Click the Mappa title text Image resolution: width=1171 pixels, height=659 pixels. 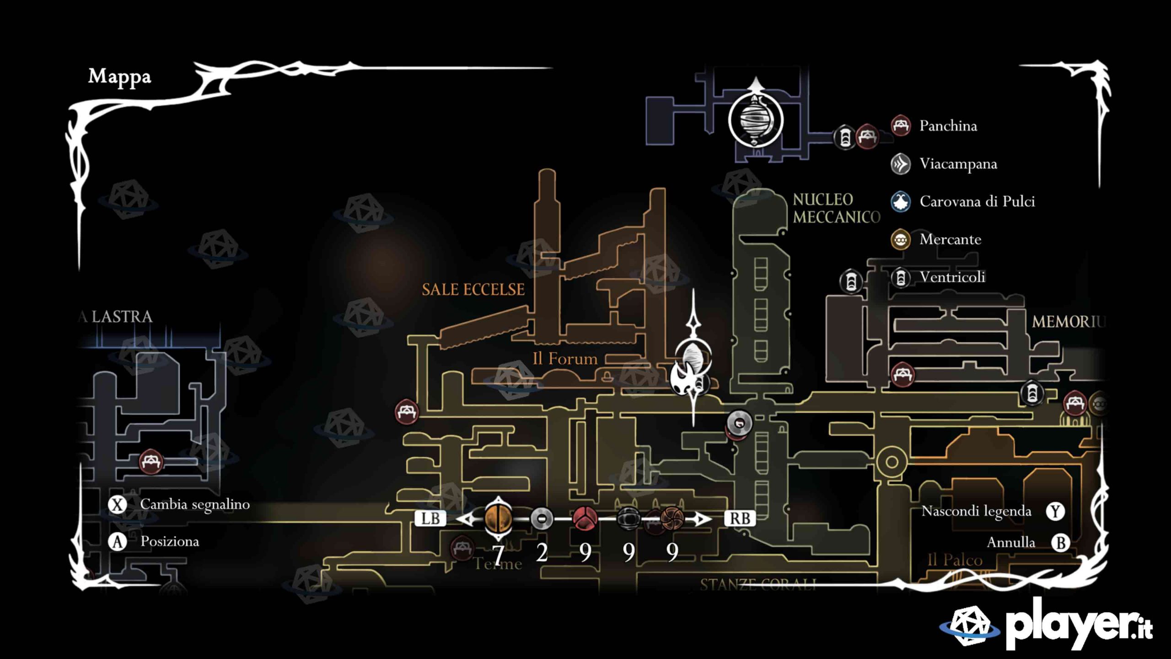pyautogui.click(x=119, y=77)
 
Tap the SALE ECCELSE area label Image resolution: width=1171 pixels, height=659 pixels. pyautogui.click(x=473, y=290)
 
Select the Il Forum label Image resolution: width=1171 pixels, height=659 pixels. pyautogui.click(x=565, y=359)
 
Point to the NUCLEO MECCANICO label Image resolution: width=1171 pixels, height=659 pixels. pyautogui.click(x=836, y=208)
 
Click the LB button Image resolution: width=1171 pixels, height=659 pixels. pyautogui.click(x=430, y=519)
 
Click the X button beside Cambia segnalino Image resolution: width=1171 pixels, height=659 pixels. pyautogui.click(x=118, y=505)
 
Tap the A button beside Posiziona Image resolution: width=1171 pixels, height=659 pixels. pyautogui.click(x=118, y=542)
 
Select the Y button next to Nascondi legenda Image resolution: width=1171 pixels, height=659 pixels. pyautogui.click(x=1055, y=511)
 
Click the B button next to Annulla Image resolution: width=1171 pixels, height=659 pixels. pyautogui.click(x=1060, y=543)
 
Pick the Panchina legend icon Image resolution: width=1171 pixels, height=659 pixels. pyautogui.click(x=901, y=126)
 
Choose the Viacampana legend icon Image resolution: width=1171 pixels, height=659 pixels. pyautogui.click(x=901, y=164)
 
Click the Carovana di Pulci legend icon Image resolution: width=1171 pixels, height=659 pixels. pyautogui.click(x=901, y=202)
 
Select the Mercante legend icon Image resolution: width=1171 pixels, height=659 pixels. pyautogui.click(x=901, y=239)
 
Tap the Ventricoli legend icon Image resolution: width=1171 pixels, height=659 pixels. pyautogui.click(x=901, y=277)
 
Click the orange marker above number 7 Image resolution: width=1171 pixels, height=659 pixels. pyautogui.click(x=498, y=519)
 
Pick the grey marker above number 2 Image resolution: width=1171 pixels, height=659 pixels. pyautogui.click(x=542, y=519)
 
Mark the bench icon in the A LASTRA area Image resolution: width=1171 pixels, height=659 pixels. pyautogui.click(x=151, y=462)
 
